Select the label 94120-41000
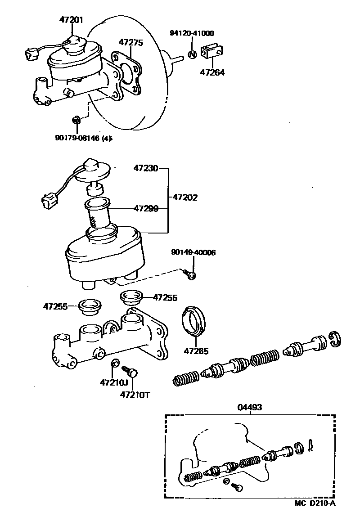tap(192, 33)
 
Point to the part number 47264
tap(212, 72)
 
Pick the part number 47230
tap(145, 169)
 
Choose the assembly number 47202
tap(185, 197)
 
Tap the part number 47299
tap(145, 209)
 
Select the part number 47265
tap(196, 351)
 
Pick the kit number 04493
tap(250, 407)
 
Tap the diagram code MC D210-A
tap(315, 503)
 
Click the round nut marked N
tap(192, 55)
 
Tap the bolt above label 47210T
tap(130, 371)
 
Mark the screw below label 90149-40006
tap(191, 274)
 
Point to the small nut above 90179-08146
tap(76, 120)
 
